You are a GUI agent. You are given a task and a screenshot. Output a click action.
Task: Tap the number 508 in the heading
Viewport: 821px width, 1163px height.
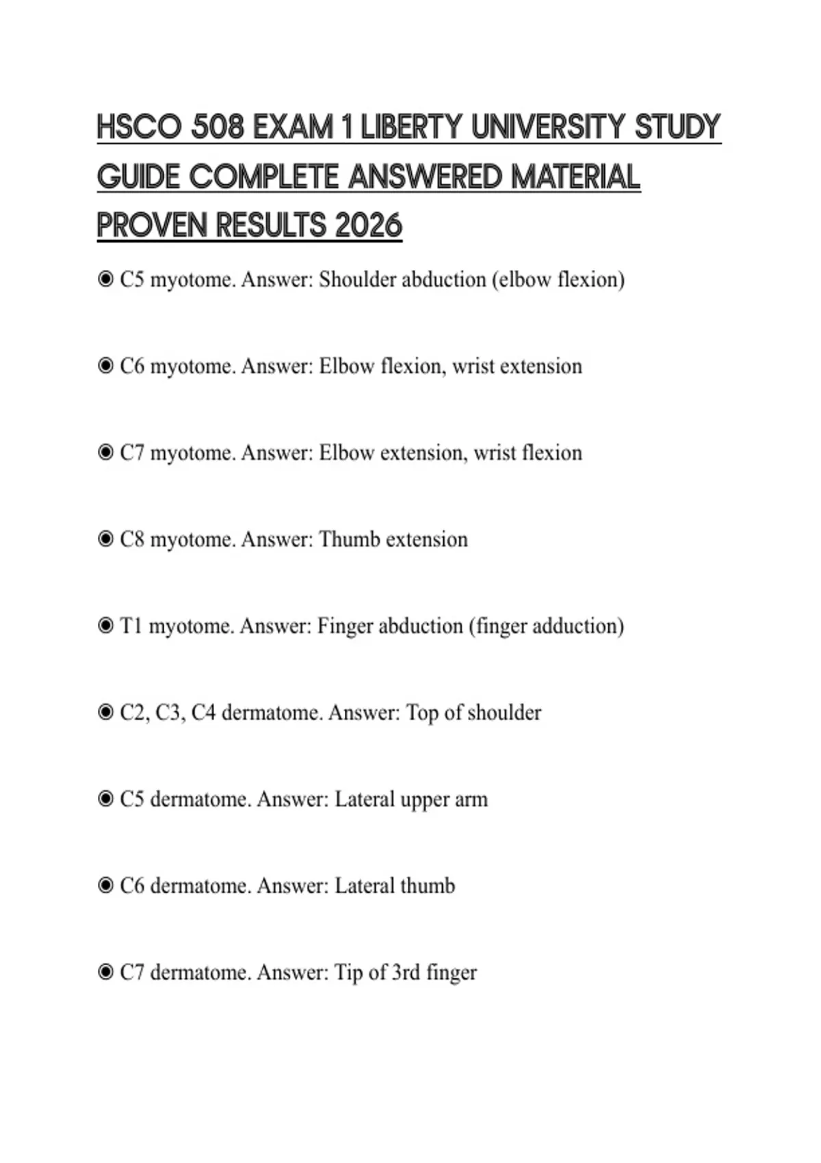(218, 128)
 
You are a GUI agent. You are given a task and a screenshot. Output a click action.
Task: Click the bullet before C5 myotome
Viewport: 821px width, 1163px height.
(105, 279)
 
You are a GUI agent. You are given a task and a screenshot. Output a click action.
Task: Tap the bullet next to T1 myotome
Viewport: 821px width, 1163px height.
(105, 626)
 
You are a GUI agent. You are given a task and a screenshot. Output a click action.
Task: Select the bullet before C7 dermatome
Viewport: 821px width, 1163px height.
(105, 972)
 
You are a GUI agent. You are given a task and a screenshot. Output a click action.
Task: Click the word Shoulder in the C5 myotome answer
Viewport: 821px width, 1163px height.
(358, 280)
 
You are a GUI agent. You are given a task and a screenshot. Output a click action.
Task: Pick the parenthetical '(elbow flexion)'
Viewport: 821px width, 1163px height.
(558, 280)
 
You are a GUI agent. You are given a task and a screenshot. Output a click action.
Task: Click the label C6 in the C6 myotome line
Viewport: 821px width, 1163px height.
(132, 367)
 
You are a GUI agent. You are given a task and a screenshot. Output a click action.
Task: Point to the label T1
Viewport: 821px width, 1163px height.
(131, 626)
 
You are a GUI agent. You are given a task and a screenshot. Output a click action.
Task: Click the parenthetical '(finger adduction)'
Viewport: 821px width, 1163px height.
(546, 626)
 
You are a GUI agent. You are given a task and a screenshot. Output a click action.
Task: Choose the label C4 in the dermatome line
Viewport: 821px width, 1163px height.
(203, 713)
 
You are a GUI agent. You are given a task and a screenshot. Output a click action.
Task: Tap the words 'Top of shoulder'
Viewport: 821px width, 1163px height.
(473, 713)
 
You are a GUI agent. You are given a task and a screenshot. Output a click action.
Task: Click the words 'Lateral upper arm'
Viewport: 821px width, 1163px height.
(411, 799)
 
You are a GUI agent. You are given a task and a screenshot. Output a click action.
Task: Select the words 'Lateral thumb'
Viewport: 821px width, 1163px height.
(395, 886)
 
